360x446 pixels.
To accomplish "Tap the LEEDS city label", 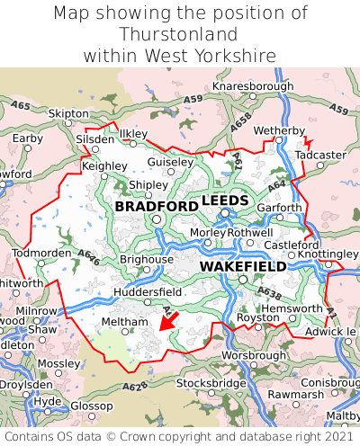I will click(225, 200).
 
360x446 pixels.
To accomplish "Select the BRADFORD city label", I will click(157, 206).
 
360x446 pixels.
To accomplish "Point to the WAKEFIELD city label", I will click(242, 266).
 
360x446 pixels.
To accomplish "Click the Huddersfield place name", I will click(148, 292).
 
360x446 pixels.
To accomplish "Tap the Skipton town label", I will click(68, 113).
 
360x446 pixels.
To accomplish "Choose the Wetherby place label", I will click(280, 131).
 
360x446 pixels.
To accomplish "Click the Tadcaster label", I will click(320, 155).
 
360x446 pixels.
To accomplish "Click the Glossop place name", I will click(91, 406).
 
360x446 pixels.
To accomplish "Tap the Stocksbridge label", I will click(211, 383).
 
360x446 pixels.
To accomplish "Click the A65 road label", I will click(19, 106).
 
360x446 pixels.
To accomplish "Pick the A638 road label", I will click(269, 292).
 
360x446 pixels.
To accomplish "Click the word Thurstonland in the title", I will click(179, 34).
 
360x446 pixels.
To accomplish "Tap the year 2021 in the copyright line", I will click(333, 436).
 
